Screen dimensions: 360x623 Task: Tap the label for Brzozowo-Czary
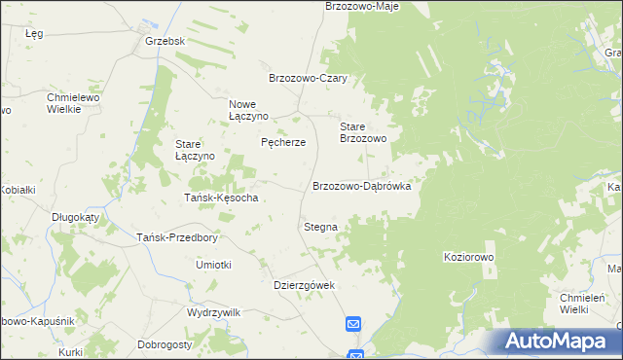309,79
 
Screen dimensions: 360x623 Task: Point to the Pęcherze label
283,142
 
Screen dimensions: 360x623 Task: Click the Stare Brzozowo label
363,133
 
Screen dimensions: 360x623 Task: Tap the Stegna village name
320,227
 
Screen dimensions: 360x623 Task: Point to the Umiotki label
213,265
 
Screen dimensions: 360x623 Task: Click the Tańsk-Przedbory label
176,237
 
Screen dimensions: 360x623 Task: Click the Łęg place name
34,33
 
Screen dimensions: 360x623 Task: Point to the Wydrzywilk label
213,312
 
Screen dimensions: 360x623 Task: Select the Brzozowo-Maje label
361,6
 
